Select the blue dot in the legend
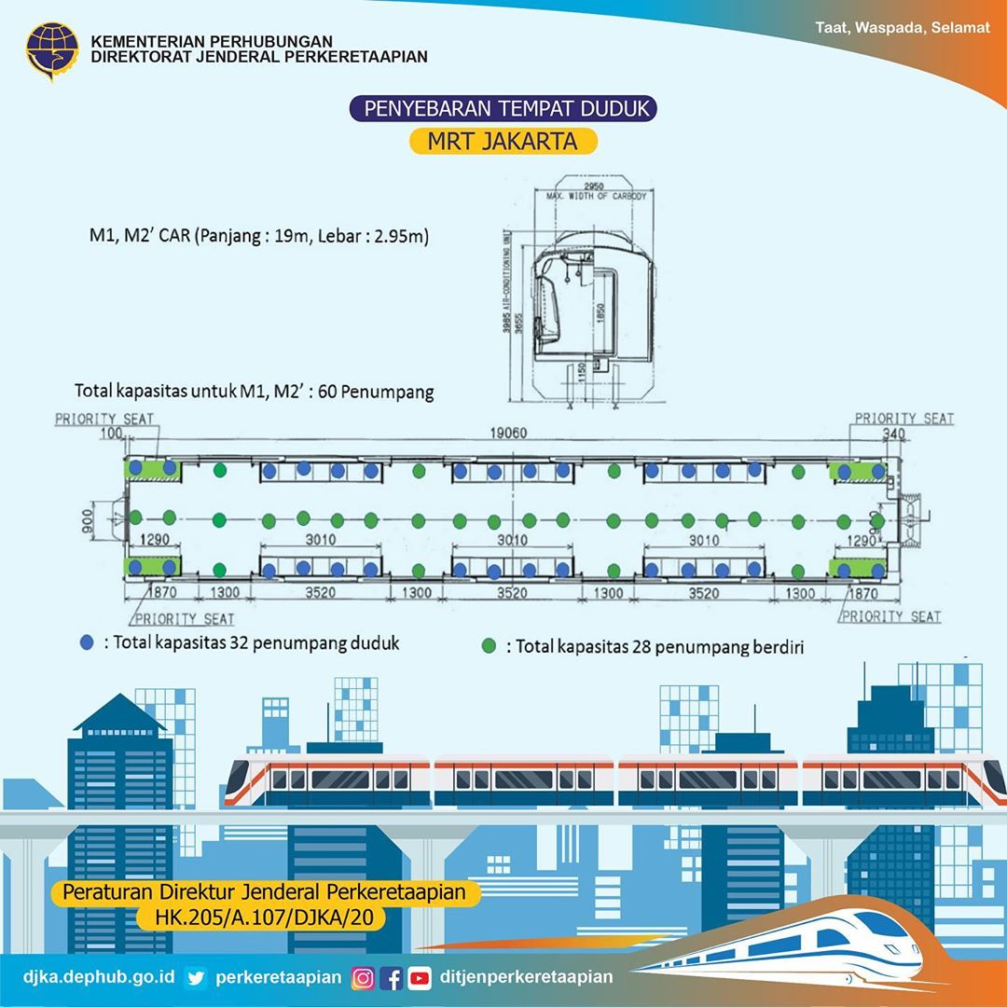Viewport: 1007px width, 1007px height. tap(87, 642)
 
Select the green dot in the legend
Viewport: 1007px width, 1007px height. tap(489, 645)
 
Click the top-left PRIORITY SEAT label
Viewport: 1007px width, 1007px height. tap(103, 419)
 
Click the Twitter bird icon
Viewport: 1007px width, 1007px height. tap(195, 977)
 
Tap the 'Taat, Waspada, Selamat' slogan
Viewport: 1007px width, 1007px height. tap(902, 27)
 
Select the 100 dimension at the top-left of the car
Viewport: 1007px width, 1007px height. tap(113, 434)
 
